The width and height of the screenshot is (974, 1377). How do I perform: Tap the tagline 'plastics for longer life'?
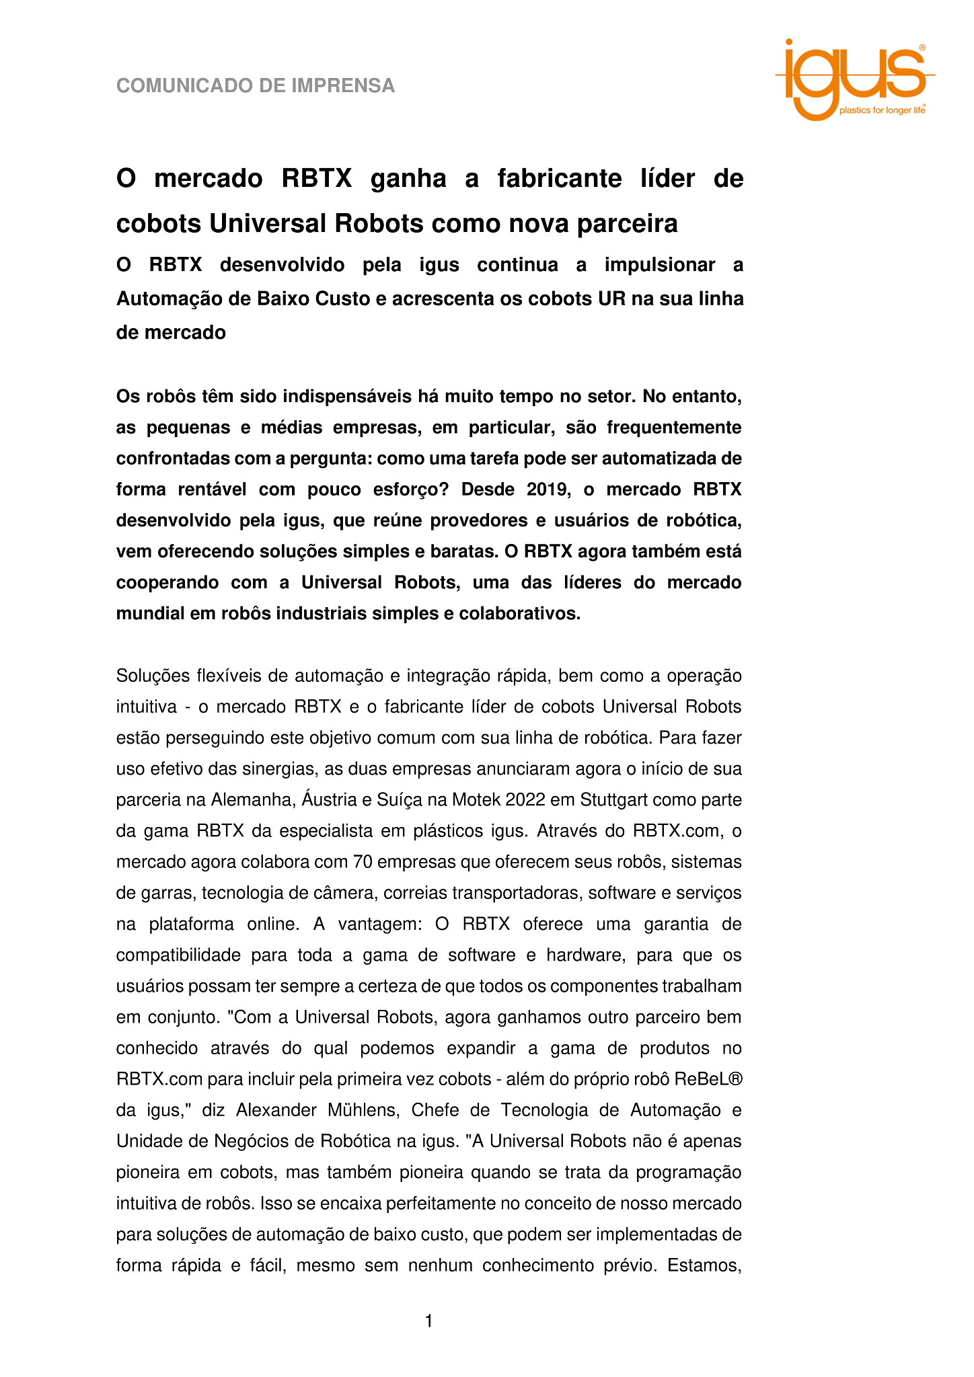click(x=882, y=110)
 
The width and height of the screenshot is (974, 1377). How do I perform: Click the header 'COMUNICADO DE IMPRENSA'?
click(x=256, y=86)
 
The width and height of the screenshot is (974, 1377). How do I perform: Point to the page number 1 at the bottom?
click(x=428, y=1321)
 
